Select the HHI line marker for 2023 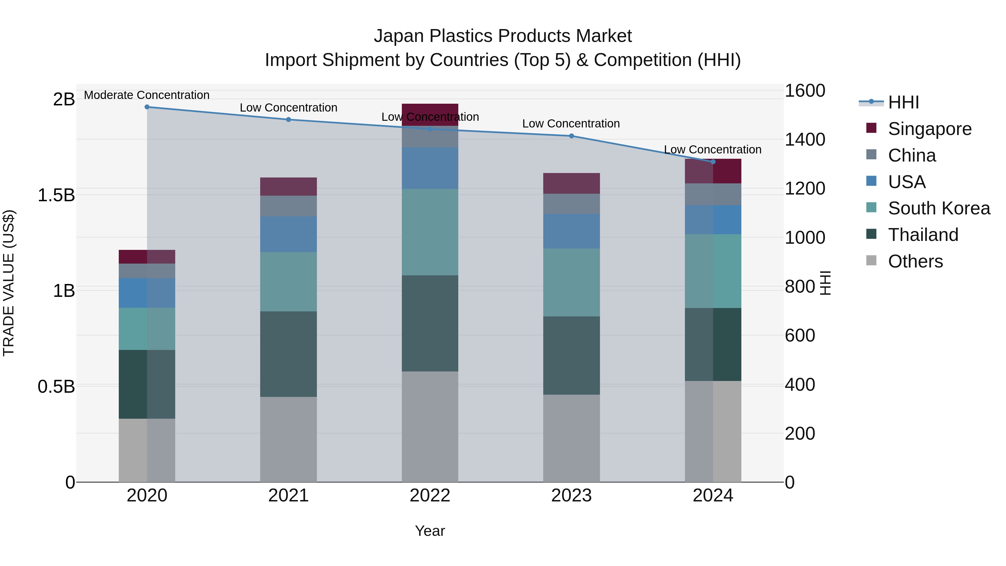tap(571, 136)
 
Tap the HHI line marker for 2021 tap(289, 120)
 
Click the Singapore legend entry tap(929, 129)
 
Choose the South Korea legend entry tap(939, 208)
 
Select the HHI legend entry tap(903, 102)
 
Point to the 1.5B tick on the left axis tap(56, 195)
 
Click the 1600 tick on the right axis tap(805, 91)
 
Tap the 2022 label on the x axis tap(430, 496)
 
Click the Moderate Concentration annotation tap(147, 95)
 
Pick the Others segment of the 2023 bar tap(571, 438)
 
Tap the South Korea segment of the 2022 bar tap(430, 232)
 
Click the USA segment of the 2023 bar tap(571, 231)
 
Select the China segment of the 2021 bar tap(289, 206)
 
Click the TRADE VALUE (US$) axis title tap(9, 283)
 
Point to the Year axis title tap(430, 531)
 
